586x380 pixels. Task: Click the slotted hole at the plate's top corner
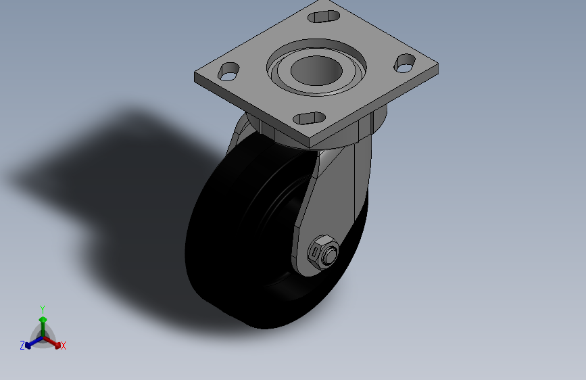coord(324,16)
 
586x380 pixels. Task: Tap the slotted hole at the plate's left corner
coord(228,72)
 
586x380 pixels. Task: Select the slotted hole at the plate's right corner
coord(405,63)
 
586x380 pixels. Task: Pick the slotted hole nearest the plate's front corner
coord(310,118)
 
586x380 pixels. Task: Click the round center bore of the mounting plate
coord(316,71)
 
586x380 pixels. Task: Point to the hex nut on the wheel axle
coord(323,252)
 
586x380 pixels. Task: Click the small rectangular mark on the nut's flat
coord(315,252)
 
